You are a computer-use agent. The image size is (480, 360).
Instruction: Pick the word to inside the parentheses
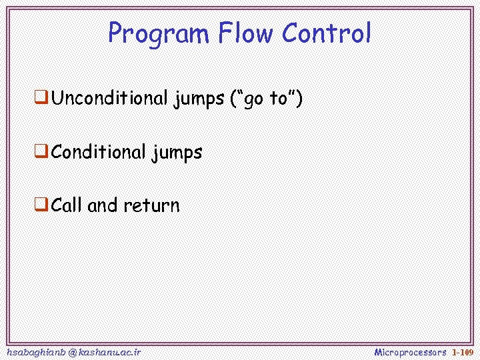(278, 99)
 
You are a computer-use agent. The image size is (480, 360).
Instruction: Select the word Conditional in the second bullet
(98, 152)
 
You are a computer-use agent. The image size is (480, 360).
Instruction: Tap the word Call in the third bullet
(67, 204)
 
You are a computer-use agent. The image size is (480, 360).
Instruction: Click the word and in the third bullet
(102, 204)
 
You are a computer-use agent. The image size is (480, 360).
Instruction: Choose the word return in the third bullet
(151, 205)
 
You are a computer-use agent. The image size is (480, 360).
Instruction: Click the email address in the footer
(73, 351)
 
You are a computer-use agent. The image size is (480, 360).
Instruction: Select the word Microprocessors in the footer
(410, 351)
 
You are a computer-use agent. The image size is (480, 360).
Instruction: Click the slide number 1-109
(462, 351)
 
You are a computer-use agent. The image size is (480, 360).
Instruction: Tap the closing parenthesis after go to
(300, 99)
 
